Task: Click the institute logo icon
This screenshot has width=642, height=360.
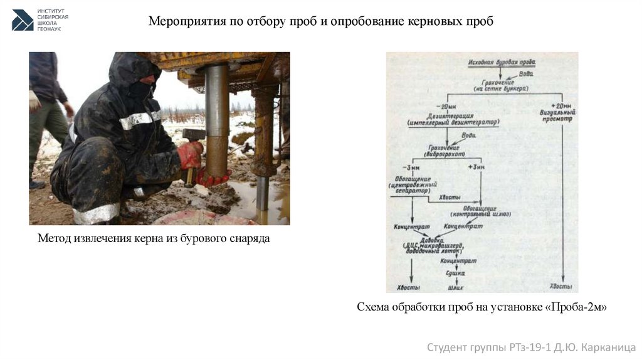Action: pyautogui.click(x=23, y=20)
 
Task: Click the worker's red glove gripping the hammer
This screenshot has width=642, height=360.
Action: pyautogui.click(x=190, y=154)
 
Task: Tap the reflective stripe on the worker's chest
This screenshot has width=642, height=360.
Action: pyautogui.click(x=139, y=119)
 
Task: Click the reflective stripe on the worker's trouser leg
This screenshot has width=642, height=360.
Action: pyautogui.click(x=96, y=214)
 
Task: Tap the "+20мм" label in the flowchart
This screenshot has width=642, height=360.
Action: pyautogui.click(x=562, y=105)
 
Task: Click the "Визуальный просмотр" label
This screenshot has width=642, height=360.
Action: pyautogui.click(x=562, y=115)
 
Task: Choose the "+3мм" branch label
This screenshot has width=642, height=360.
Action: pyautogui.click(x=477, y=167)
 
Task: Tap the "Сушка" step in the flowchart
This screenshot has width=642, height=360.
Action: pyautogui.click(x=456, y=273)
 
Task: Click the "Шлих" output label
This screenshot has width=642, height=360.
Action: pyautogui.click(x=456, y=287)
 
